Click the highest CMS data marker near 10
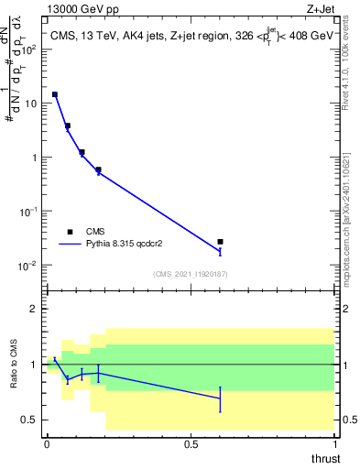(x=55, y=94)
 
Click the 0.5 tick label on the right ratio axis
(x=348, y=420)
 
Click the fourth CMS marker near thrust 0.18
(x=98, y=169)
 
